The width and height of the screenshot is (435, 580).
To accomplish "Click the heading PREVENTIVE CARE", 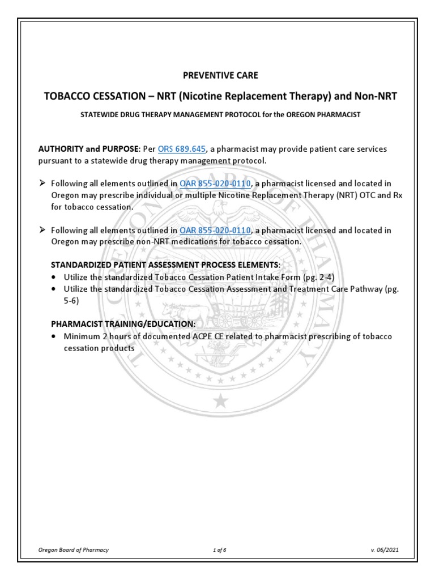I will point(217,75).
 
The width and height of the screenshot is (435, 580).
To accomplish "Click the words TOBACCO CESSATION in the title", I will point(89,96).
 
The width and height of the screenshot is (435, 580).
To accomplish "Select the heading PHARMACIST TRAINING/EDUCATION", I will point(123,323).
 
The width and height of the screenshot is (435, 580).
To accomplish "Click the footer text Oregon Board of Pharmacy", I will point(73,550).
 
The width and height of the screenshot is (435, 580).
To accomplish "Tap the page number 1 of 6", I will point(217,550).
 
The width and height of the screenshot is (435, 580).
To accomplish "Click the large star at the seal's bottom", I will point(220,402).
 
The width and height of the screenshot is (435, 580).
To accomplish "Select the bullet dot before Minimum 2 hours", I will point(53,336).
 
